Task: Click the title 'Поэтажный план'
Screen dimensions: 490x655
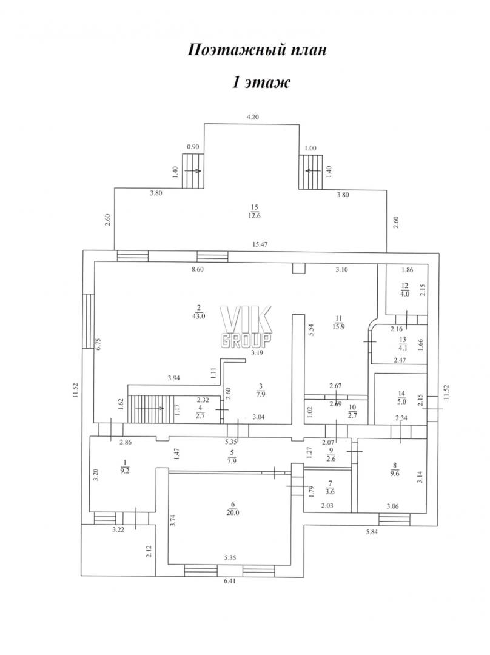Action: (257, 50)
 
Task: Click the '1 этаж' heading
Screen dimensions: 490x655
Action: (261, 82)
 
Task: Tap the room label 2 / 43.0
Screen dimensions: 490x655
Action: (198, 312)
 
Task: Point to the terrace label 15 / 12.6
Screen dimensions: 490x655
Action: (254, 211)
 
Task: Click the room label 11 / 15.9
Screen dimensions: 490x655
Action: (339, 323)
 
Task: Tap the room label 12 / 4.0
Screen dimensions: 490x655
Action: (404, 289)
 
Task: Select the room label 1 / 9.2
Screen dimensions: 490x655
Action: (124, 466)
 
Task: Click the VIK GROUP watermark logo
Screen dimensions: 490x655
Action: (246, 327)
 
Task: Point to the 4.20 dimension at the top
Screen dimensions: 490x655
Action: (252, 117)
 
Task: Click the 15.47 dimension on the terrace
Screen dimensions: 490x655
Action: (260, 244)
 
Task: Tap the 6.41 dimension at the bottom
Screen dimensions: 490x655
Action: (230, 580)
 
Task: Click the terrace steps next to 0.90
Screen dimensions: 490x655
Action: (193, 171)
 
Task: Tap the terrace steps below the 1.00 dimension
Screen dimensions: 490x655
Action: (310, 172)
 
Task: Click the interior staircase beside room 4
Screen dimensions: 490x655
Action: (151, 409)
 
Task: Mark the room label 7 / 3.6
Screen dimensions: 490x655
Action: (330, 488)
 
